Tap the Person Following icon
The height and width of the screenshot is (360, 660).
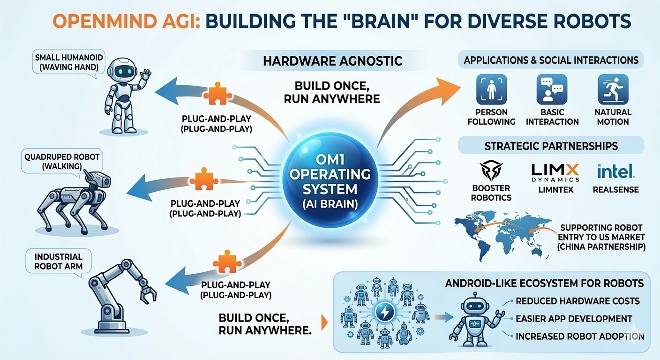(491, 90)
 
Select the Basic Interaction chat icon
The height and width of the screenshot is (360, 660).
(552, 90)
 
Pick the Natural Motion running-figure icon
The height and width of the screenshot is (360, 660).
(613, 90)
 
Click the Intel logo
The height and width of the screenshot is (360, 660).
(616, 171)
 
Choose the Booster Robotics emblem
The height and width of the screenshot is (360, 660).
(491, 172)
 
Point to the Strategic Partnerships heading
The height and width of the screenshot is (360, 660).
(551, 145)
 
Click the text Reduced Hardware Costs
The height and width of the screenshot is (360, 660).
(577, 301)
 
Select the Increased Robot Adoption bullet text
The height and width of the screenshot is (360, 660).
(579, 336)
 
